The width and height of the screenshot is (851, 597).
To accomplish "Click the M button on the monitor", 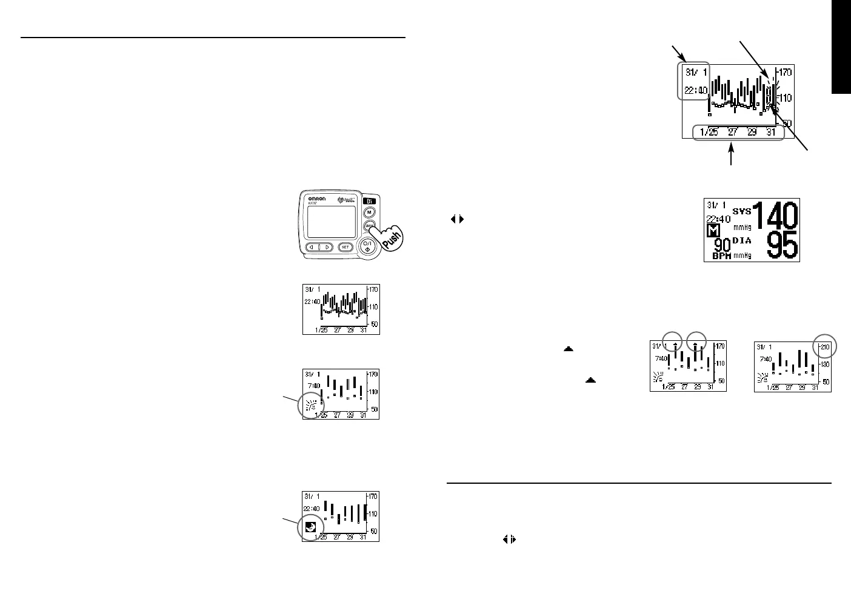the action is coord(369,213).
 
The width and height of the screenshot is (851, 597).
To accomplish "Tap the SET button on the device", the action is coord(344,247).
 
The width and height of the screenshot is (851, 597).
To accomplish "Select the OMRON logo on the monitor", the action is coord(318,198).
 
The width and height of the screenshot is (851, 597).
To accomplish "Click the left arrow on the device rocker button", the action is coord(313,247).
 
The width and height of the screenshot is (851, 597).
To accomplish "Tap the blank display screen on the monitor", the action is coord(330,221).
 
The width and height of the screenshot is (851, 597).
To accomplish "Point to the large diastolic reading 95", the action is coord(783,246).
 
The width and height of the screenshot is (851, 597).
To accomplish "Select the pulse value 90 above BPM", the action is coord(721,245).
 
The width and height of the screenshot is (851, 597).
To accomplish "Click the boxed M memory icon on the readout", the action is coord(714,231).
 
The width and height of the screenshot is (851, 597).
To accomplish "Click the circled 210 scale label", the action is coord(824,348).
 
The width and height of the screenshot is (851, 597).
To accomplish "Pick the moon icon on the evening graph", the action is coord(310,527).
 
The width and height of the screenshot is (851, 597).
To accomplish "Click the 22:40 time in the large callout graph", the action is coord(695,91).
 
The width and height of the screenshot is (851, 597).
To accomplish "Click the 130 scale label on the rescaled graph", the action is coord(824,364).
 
